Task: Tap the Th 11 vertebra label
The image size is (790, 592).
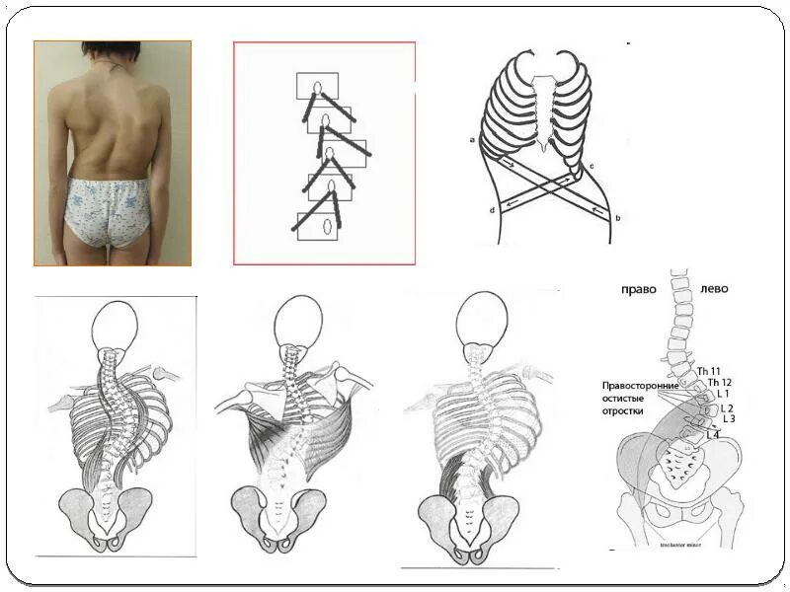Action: pyautogui.click(x=709, y=370)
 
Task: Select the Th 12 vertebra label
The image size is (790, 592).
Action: pyautogui.click(x=719, y=382)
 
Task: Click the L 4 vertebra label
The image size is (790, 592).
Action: pyautogui.click(x=713, y=435)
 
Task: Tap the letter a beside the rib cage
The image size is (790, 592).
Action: pyautogui.click(x=473, y=141)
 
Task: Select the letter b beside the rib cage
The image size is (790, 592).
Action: pyautogui.click(x=617, y=216)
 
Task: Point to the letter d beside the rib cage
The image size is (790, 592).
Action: pyautogui.click(x=491, y=210)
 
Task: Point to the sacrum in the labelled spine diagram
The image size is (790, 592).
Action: pyautogui.click(x=680, y=461)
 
